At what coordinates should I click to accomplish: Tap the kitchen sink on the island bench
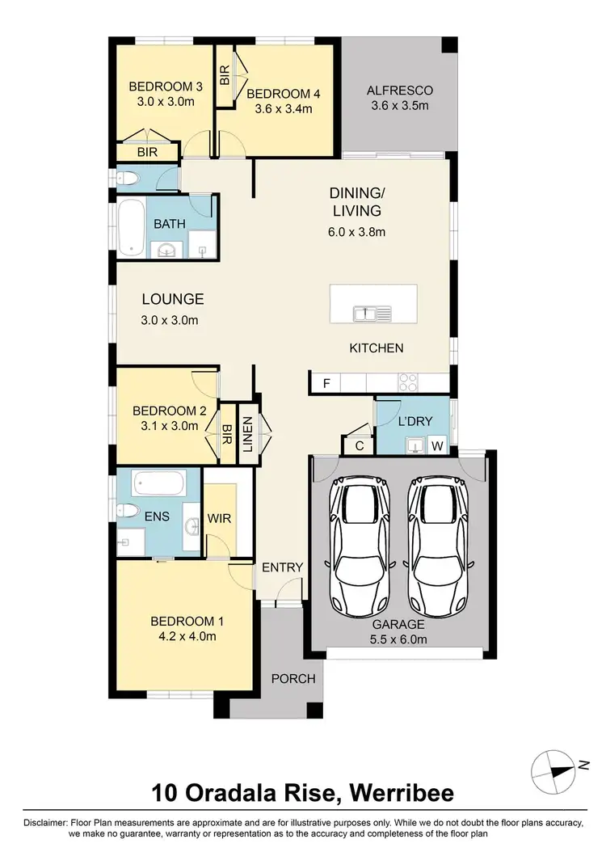(372, 313)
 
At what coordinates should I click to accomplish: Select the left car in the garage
(360, 546)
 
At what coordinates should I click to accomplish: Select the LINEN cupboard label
(247, 434)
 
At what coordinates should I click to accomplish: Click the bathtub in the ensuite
(159, 484)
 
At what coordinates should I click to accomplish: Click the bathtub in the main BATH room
(129, 229)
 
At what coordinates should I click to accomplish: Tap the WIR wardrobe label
(220, 518)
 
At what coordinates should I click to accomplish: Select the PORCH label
(292, 678)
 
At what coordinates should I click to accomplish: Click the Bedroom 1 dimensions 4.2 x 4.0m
(187, 636)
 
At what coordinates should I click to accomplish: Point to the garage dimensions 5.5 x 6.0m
(399, 639)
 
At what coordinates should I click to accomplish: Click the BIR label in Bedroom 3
(146, 151)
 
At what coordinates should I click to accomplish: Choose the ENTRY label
(282, 567)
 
